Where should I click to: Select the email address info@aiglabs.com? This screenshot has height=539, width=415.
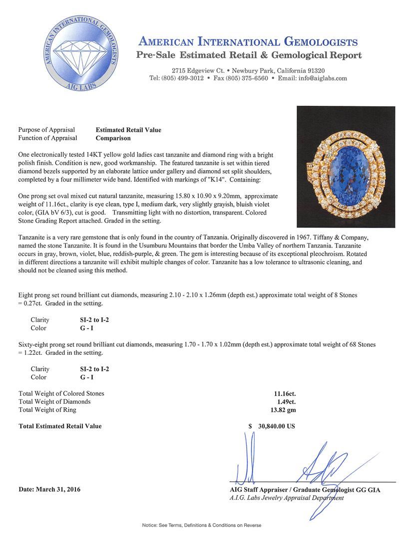[320, 78]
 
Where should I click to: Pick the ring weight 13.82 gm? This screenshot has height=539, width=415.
[283, 410]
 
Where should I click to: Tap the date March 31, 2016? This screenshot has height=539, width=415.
[49, 490]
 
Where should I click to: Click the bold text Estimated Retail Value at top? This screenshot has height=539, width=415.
[128, 130]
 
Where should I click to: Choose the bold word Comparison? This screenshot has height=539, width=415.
[113, 138]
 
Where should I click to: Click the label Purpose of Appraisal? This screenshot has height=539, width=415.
[46, 130]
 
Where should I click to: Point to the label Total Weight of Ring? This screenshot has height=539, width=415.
[47, 410]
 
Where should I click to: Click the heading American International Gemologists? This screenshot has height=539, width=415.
[248, 42]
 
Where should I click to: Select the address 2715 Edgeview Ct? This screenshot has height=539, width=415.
[197, 71]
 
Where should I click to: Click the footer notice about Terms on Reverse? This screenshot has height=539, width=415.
[201, 525]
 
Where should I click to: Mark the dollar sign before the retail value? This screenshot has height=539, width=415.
[250, 426]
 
